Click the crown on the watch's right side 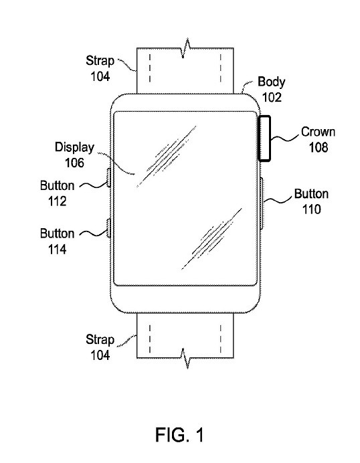click(x=264, y=138)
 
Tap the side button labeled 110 click(x=262, y=203)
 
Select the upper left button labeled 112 click(x=108, y=177)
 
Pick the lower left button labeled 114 click(x=108, y=228)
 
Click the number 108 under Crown click(x=319, y=147)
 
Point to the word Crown click(x=318, y=132)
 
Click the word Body click(x=272, y=82)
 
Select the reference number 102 click(x=272, y=97)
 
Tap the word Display click(x=74, y=147)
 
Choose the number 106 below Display click(x=74, y=163)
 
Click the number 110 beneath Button click(x=311, y=209)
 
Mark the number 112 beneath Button click(x=57, y=201)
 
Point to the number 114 click(x=57, y=250)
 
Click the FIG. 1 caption click(x=179, y=435)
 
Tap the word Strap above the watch click(x=100, y=61)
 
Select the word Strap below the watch click(x=100, y=340)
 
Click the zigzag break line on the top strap click(x=185, y=48)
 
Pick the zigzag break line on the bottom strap click(x=185, y=358)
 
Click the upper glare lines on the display click(x=166, y=157)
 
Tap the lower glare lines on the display click(x=211, y=239)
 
